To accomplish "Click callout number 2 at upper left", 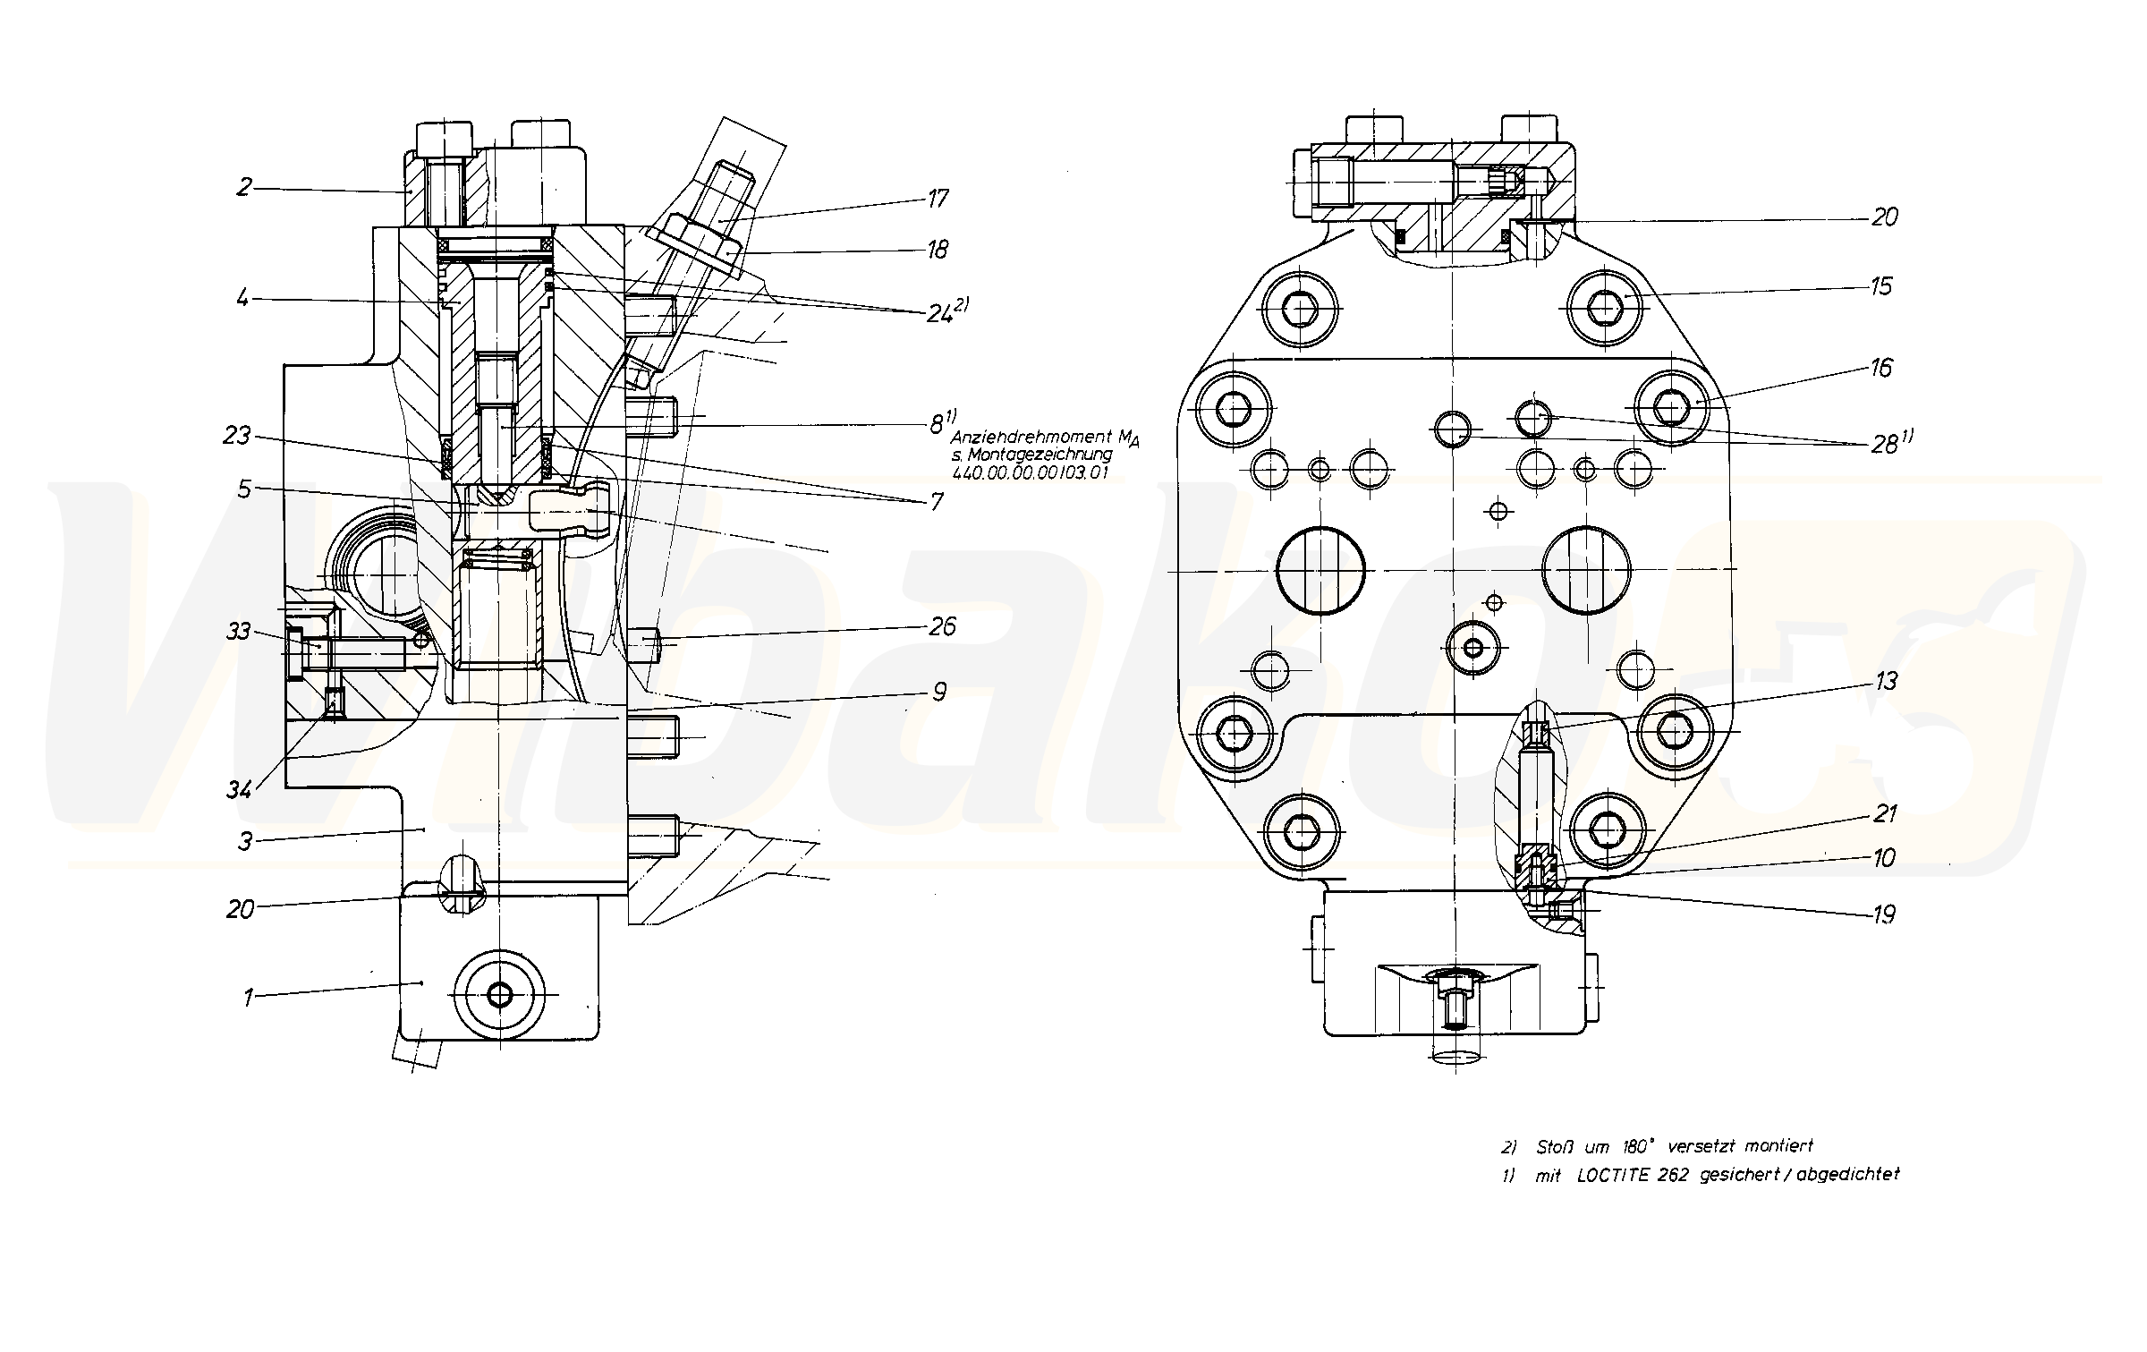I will coord(244,187).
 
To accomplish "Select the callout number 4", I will coord(243,297).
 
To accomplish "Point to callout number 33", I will coord(238,632).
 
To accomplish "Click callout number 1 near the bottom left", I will coord(250,996).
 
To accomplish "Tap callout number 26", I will coord(942,626).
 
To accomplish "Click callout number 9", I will coord(938,692).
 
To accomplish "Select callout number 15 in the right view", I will coord(1880,286).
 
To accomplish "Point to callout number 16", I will coord(1880,368).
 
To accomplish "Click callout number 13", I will coord(1885,682).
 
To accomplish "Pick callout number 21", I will coord(1884,813).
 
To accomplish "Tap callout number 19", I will coord(1884,914).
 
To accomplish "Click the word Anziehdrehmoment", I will coord(1028,438).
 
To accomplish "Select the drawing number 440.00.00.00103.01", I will coord(1029,472).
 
